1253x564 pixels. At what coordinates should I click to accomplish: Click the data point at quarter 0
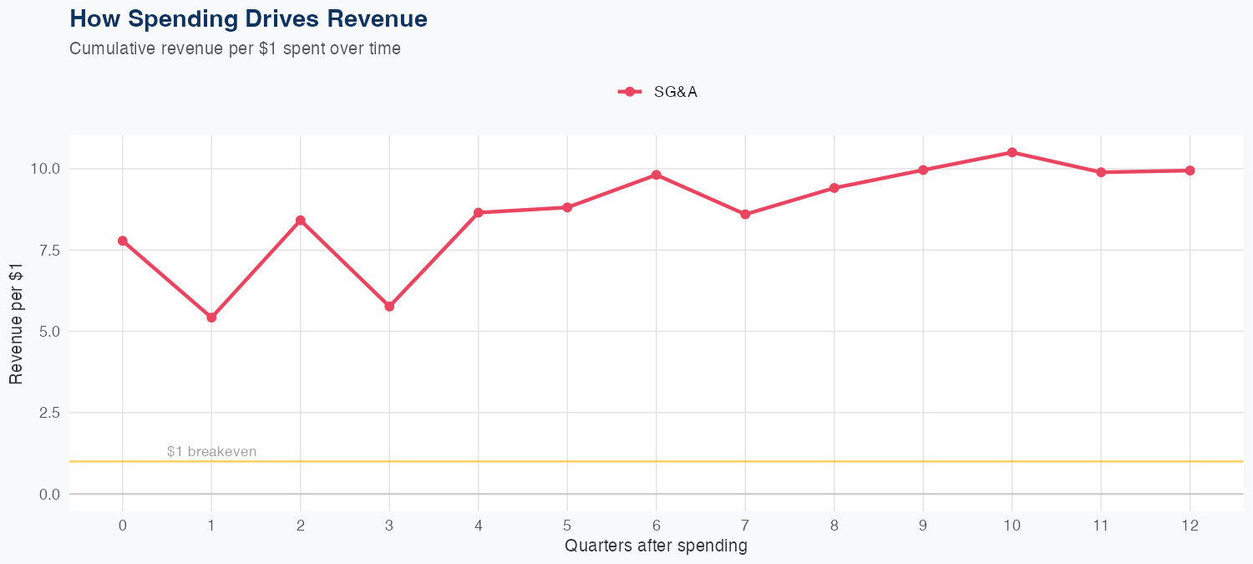click(123, 241)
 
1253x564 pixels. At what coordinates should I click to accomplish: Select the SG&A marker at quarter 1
click(211, 318)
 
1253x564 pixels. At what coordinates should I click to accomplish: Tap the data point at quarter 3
click(389, 307)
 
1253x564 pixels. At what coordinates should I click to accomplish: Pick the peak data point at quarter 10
click(1012, 152)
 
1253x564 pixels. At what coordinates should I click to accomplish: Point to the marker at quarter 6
click(657, 175)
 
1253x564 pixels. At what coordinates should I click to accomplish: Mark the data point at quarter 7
click(745, 215)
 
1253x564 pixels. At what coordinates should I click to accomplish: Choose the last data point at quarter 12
click(1190, 170)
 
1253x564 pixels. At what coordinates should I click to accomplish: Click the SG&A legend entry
click(658, 92)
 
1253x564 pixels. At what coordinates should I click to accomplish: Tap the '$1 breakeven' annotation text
click(211, 452)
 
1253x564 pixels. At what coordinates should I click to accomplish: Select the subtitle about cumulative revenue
click(235, 48)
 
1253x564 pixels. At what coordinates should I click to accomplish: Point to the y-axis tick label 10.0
click(44, 169)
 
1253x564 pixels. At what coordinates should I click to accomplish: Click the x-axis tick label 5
click(567, 526)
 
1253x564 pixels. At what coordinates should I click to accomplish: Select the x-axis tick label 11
click(1100, 526)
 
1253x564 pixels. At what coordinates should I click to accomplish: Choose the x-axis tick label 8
click(834, 526)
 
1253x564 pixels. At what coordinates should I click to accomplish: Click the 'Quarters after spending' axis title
click(656, 546)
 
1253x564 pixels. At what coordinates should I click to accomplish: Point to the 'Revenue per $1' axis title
click(16, 323)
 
